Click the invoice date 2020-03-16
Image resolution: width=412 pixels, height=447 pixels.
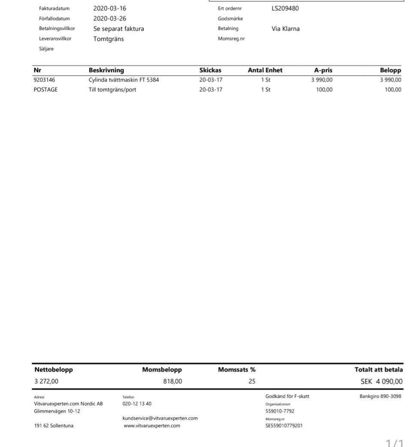[110, 8]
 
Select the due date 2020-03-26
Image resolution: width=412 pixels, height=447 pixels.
[110, 18]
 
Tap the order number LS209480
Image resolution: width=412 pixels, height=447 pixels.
[285, 8]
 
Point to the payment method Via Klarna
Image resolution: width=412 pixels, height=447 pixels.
[285, 29]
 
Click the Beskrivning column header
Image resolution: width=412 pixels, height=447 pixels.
[106, 70]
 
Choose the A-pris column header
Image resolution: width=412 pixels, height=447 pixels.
[323, 70]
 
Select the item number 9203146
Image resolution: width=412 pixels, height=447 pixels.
[44, 80]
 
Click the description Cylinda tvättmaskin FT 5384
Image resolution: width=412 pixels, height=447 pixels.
[124, 80]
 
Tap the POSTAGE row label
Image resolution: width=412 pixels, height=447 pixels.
[45, 90]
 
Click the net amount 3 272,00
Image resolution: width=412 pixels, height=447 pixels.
[46, 381]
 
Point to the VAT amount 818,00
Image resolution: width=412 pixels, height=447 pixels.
[173, 381]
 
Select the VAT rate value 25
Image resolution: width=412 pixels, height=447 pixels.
[252, 381]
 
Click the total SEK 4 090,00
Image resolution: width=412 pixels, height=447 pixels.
[382, 381]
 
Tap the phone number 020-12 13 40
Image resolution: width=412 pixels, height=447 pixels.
[137, 404]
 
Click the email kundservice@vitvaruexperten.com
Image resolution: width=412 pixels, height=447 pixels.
[160, 418]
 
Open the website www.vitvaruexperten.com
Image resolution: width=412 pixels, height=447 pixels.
[152, 426]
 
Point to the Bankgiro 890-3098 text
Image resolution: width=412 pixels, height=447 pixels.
[380, 396]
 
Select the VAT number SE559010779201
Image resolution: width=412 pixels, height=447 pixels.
[284, 426]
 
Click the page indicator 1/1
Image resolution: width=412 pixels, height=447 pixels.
[394, 443]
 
